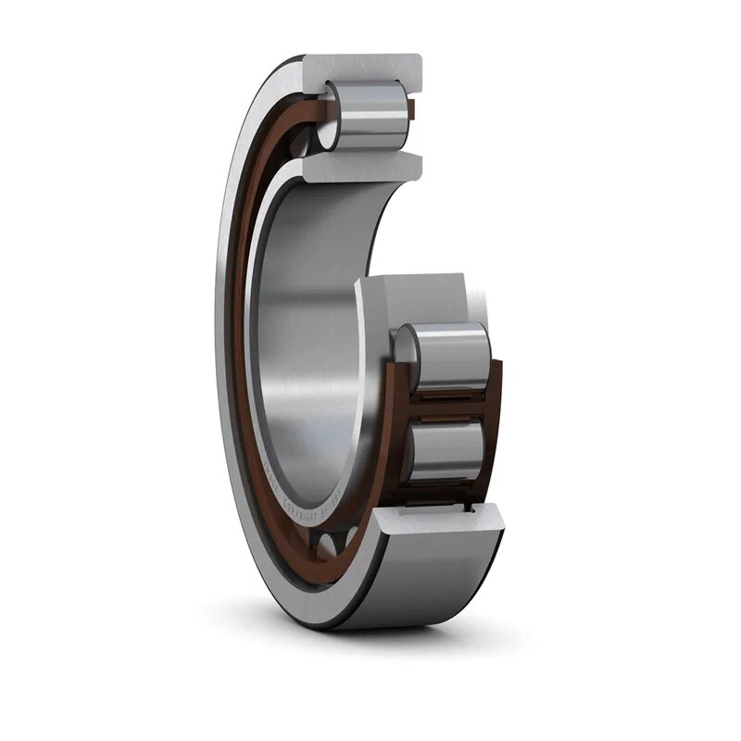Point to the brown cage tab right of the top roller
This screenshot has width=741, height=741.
[x=413, y=114]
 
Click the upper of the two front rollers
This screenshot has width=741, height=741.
[x=449, y=358]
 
